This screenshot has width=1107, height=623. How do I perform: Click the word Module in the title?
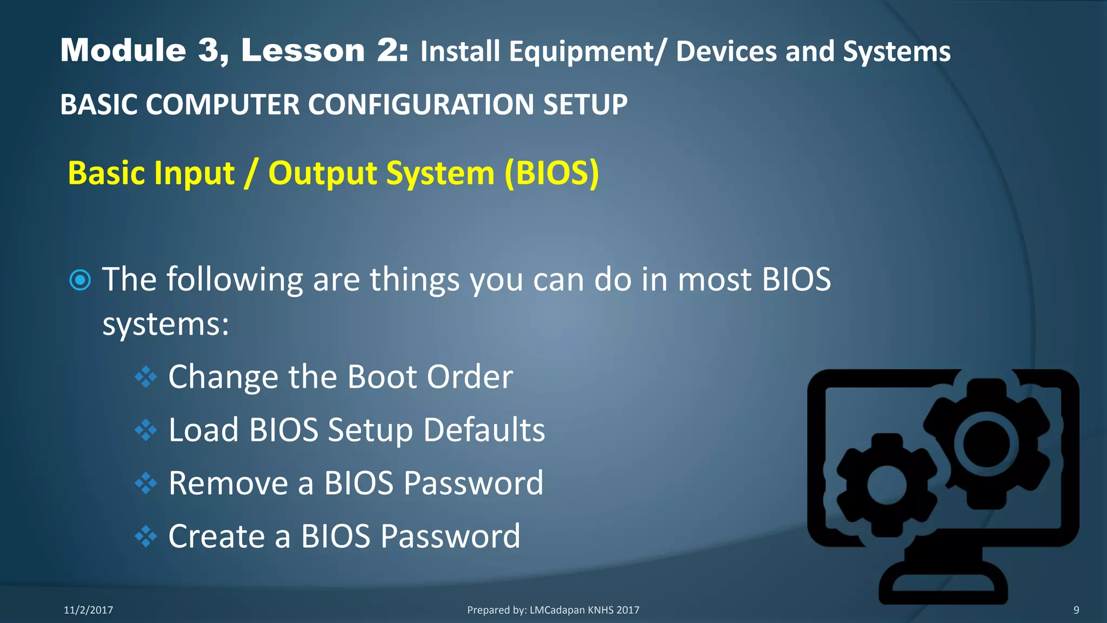click(123, 51)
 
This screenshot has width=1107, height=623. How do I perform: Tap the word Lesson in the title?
click(303, 51)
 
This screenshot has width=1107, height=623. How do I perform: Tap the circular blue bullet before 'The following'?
click(81, 280)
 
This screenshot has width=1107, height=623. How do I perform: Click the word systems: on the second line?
click(166, 324)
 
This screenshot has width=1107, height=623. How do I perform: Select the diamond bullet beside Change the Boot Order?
click(145, 377)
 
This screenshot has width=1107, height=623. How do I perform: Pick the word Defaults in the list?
click(484, 430)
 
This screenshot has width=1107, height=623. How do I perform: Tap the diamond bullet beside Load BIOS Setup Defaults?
click(145, 430)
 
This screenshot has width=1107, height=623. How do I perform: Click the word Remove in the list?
click(228, 483)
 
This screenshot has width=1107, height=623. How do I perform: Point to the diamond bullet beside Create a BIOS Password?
click(145, 536)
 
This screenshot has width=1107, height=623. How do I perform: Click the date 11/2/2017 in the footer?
click(89, 610)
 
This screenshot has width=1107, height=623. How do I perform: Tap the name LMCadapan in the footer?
click(557, 610)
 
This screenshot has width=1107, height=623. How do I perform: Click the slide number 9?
click(1076, 610)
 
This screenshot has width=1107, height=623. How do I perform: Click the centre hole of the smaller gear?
click(886, 485)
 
